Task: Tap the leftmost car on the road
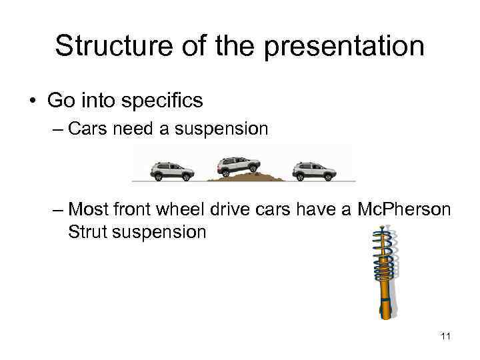172,171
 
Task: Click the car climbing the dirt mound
239,165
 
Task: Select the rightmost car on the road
313,171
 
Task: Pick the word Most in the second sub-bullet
87,209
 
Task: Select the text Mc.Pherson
403,209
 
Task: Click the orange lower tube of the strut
385,297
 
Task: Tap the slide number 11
445,336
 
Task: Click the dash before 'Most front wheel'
57,209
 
